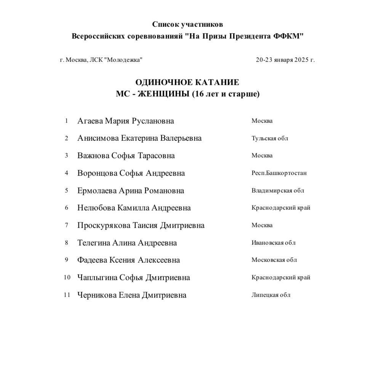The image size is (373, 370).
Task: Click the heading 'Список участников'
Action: click(x=187, y=24)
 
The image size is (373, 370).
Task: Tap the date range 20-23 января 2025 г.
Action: click(x=285, y=60)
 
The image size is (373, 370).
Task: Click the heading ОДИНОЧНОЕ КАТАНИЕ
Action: click(x=187, y=82)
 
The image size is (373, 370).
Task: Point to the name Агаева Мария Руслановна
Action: click(x=125, y=121)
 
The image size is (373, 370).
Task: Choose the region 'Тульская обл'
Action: click(x=269, y=138)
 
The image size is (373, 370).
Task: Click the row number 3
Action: click(x=66, y=155)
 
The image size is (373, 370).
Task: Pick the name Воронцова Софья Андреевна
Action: click(x=131, y=173)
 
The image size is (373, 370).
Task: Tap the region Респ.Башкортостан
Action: click(x=279, y=173)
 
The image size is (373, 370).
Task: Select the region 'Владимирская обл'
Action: click(x=277, y=191)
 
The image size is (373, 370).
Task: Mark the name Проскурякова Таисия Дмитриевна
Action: click(x=141, y=226)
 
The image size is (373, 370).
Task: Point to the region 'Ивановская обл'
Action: click(x=273, y=243)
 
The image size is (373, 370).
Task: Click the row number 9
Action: click(x=66, y=260)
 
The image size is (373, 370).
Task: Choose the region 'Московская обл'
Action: click(x=274, y=260)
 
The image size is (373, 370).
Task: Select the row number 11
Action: click(x=67, y=295)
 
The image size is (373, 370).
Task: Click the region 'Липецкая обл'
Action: click(x=271, y=295)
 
